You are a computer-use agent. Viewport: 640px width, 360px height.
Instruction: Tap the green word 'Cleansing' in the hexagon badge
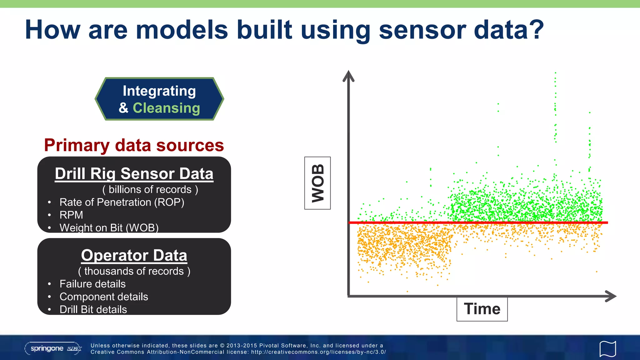pos(166,108)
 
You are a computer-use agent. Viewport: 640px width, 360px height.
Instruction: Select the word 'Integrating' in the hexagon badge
pos(159,91)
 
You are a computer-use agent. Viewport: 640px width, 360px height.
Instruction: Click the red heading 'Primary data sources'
pos(134,145)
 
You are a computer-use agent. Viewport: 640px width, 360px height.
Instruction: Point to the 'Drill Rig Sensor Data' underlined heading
pos(134,174)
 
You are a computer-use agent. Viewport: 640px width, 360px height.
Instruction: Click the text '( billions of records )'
pos(150,190)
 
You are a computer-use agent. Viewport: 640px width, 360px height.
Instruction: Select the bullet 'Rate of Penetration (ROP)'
pos(122,202)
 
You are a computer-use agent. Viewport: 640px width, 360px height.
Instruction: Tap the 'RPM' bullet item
pos(71,215)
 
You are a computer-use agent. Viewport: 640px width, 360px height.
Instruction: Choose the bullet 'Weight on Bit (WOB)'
pos(109,228)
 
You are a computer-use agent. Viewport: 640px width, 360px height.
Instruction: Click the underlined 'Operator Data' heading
pos(134,255)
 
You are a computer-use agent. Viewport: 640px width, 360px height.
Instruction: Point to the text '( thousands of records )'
pos(134,271)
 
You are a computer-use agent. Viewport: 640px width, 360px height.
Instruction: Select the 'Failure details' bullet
pos(92,284)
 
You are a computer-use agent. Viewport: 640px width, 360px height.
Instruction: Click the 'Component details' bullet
pos(104,297)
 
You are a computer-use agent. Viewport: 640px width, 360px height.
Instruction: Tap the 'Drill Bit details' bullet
pos(93,310)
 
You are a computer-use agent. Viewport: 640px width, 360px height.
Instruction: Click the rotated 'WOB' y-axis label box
pos(317,183)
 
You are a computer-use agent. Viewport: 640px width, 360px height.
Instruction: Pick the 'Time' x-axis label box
pos(482,309)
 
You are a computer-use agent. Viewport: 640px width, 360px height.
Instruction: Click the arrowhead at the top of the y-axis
pos(348,76)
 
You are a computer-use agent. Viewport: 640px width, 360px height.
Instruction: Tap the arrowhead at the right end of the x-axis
pos(611,296)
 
